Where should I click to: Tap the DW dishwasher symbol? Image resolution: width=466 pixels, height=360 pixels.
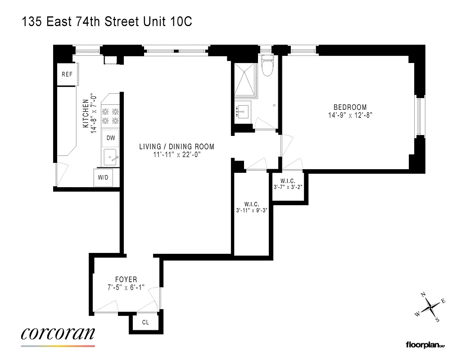[110, 139]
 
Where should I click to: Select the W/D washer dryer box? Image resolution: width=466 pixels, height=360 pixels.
[103, 177]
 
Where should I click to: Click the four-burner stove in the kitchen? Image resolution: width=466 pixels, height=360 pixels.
[110, 116]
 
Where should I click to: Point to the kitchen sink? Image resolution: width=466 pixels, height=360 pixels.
[111, 158]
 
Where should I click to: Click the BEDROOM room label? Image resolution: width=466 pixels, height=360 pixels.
[350, 107]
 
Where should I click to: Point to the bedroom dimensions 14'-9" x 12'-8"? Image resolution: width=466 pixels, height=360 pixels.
[350, 115]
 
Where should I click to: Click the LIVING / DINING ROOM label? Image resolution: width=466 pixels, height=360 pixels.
[176, 147]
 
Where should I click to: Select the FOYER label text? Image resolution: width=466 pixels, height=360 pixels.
[126, 279]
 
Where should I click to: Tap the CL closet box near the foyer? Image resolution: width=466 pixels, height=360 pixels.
[145, 323]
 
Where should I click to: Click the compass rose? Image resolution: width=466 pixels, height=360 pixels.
[431, 307]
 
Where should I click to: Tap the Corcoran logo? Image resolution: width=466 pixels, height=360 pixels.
[58, 334]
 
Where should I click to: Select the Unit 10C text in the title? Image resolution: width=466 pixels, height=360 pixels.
[170, 22]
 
